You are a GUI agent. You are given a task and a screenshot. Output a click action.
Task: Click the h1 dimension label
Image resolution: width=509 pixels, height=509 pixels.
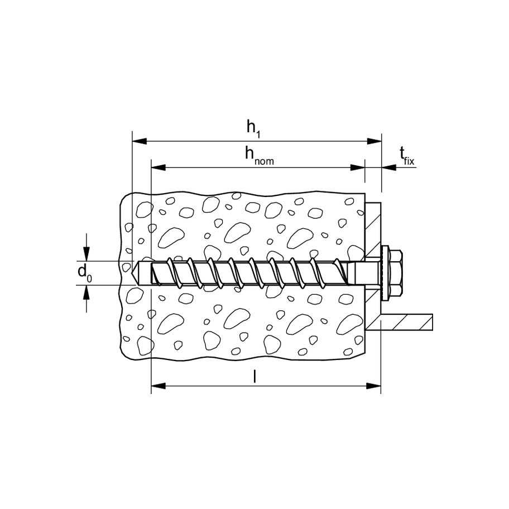(x=253, y=128)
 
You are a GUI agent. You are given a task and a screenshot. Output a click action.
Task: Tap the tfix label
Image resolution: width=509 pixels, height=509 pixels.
(x=407, y=155)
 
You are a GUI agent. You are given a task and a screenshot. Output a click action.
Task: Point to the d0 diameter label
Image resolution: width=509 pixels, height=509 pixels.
(x=85, y=273)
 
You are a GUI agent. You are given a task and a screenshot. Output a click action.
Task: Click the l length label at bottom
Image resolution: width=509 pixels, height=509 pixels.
(x=255, y=377)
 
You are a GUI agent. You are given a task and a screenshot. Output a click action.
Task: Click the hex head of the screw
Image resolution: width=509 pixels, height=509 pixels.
(x=396, y=273)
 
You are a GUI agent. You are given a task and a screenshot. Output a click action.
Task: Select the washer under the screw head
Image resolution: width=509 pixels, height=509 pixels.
(x=385, y=273)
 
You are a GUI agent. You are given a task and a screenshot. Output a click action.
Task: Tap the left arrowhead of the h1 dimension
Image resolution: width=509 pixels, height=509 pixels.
(x=140, y=141)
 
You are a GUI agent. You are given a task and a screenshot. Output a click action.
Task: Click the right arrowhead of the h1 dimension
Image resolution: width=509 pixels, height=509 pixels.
(x=373, y=141)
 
